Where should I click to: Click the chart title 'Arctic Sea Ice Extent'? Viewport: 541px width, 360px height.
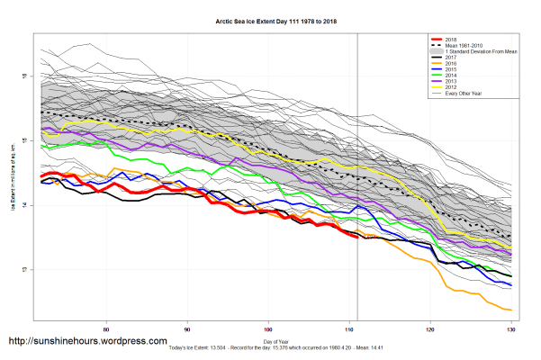click(x=271, y=19)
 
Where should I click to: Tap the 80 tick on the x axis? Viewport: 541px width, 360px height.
click(x=107, y=328)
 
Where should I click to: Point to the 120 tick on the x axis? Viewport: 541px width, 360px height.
click(x=431, y=328)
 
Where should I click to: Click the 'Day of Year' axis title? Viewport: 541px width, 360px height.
click(x=275, y=342)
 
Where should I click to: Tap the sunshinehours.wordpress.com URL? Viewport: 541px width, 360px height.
click(x=87, y=342)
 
